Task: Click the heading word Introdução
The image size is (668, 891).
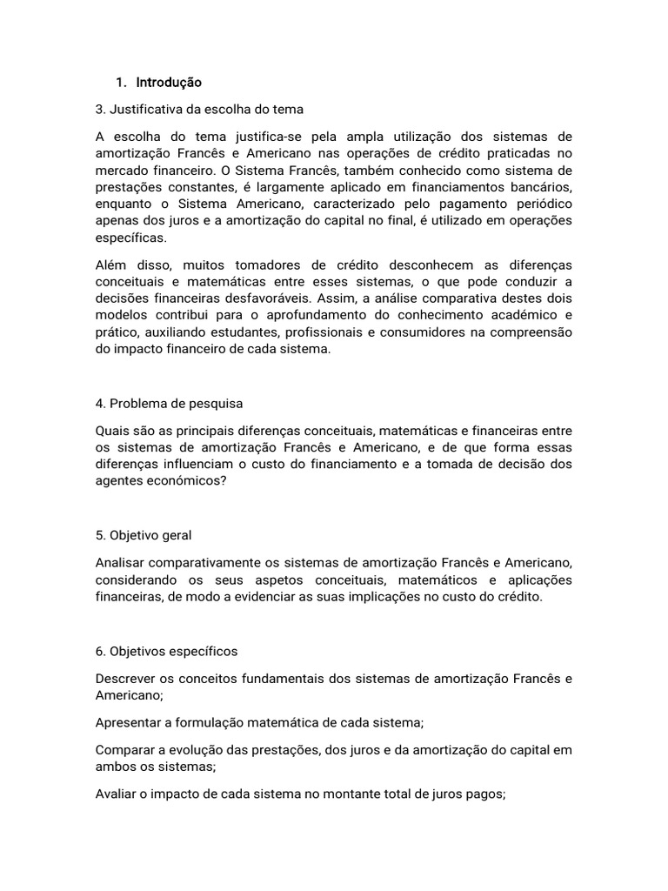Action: (x=169, y=83)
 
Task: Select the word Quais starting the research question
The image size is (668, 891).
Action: (x=112, y=431)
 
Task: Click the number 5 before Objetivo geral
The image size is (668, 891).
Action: (x=100, y=535)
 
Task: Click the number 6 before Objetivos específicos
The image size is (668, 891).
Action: (x=100, y=651)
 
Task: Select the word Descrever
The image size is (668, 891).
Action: (x=127, y=678)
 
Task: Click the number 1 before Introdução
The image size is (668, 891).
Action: (x=118, y=83)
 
